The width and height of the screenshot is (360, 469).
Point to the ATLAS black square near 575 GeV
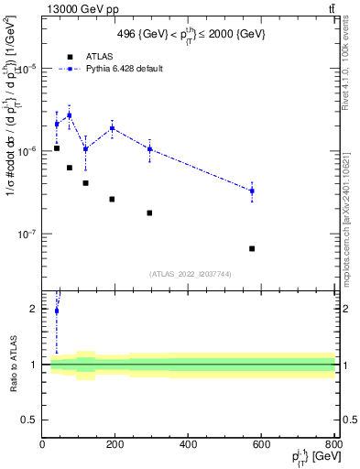tap(252, 248)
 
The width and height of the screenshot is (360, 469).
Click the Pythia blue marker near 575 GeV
tap(252, 191)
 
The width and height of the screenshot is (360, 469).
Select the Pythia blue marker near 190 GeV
tap(112, 128)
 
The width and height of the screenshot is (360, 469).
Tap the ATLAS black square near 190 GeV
tap(112, 199)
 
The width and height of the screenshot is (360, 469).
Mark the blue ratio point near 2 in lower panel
tap(57, 311)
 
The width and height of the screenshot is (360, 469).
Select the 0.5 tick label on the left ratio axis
tap(29, 420)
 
